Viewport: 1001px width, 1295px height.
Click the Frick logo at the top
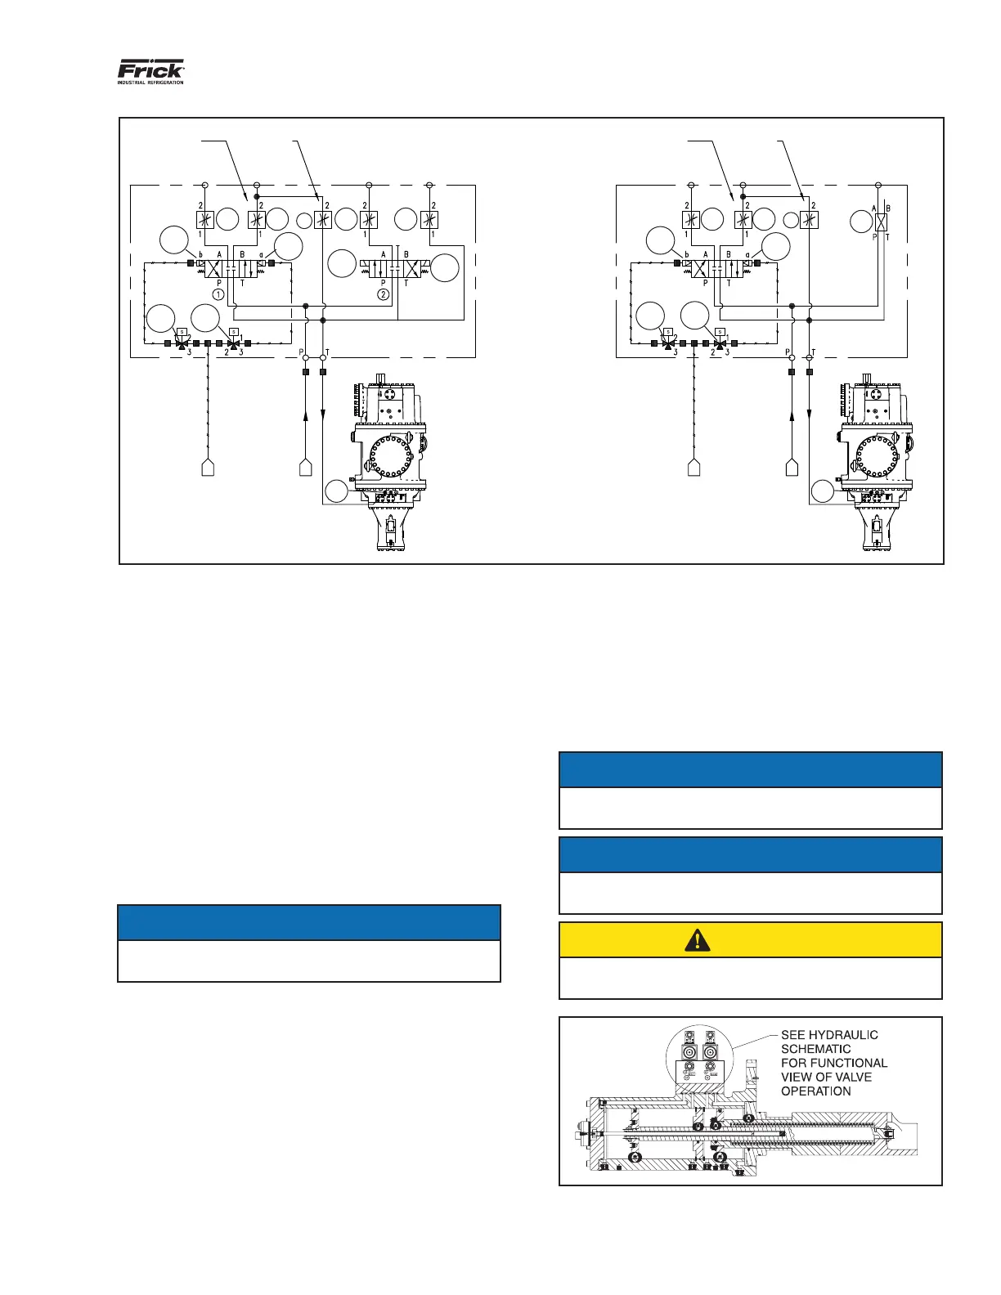151,69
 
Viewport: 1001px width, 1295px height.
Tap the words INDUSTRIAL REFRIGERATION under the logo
151,83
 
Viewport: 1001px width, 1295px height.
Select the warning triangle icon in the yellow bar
697,940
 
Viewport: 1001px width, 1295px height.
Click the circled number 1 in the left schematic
218,294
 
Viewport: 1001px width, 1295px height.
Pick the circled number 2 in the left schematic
383,294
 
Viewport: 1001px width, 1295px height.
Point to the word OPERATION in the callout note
816,1091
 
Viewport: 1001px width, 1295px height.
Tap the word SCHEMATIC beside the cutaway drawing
816,1049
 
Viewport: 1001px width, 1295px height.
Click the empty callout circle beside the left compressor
338,492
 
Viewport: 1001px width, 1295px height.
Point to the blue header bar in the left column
309,922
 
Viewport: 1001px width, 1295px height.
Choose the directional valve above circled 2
395,267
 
